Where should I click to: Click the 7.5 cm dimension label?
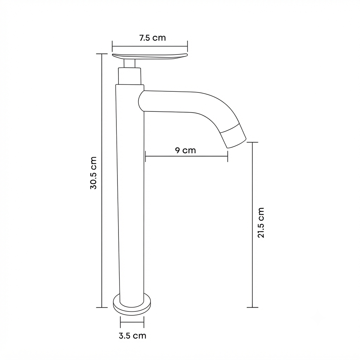point(153,38)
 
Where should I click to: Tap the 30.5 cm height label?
point(94,173)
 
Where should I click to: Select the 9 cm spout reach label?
point(186,150)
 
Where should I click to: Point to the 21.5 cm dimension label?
point(261,223)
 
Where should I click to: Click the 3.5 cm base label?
point(133,336)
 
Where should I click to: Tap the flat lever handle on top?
point(150,56)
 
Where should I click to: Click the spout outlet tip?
point(237,144)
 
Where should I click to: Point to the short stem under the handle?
point(129,63)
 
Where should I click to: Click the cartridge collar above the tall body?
point(129,76)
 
